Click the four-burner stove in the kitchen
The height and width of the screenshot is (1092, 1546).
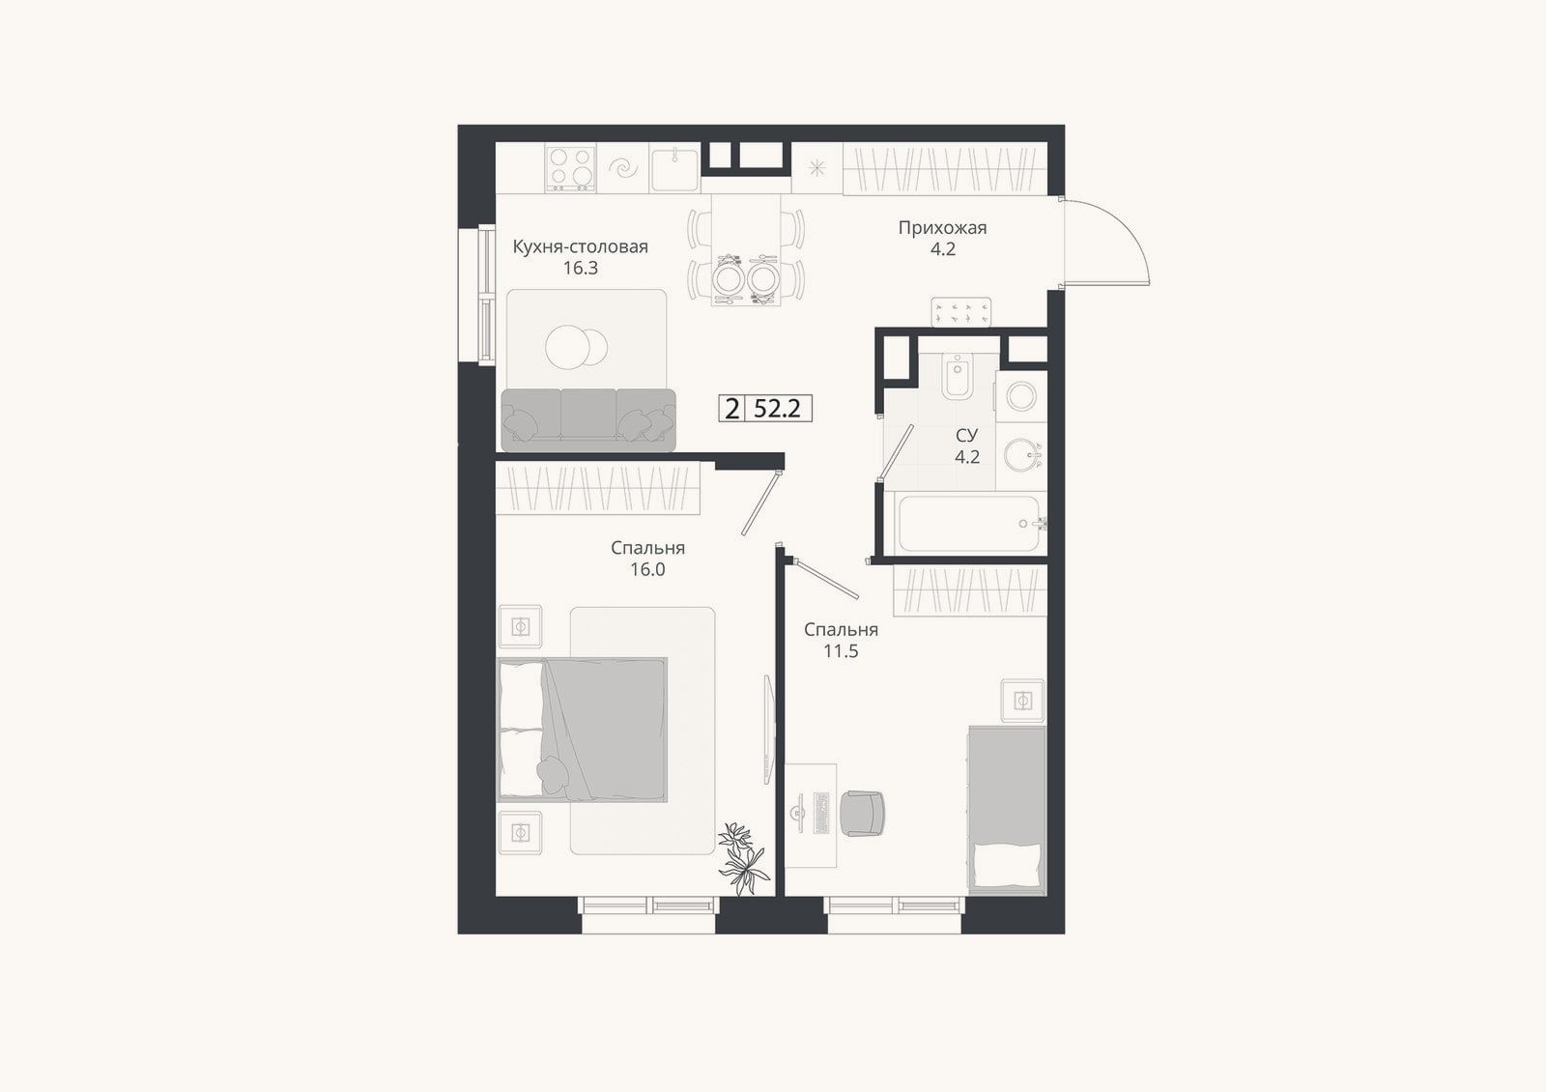coord(571,168)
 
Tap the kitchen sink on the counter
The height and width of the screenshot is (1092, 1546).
coord(674,168)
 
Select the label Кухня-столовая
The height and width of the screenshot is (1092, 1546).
coord(580,247)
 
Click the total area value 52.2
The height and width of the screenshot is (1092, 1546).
coord(777,410)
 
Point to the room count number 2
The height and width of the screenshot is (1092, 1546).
coord(731,410)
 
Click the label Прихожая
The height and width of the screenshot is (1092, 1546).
coord(942,228)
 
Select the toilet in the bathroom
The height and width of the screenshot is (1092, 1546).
coord(958,375)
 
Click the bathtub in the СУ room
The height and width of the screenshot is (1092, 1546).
coord(969,523)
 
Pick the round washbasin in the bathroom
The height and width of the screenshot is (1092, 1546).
coord(1021,455)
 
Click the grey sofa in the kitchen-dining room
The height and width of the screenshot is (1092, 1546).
coord(588,420)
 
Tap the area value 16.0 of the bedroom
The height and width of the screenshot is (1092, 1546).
coord(647,569)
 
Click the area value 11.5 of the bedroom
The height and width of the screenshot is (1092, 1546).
coord(841,651)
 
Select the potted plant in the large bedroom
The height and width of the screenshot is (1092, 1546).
coord(743,859)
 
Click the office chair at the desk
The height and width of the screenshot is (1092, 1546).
coord(862,814)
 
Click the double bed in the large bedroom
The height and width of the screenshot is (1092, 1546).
coord(582,730)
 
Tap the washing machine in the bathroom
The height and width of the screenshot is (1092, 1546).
coord(1020,396)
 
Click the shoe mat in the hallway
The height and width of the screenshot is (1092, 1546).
coord(961,312)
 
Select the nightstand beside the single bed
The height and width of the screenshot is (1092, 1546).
coord(1023,702)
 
